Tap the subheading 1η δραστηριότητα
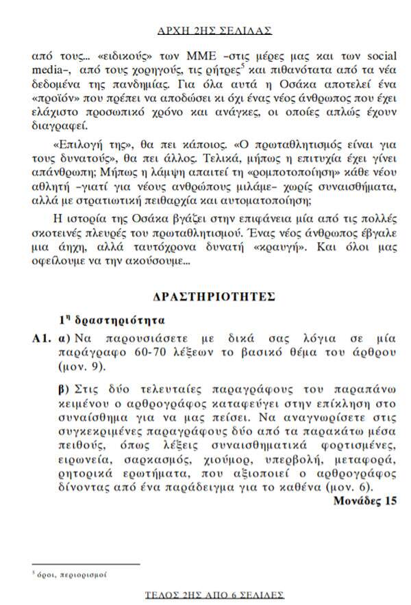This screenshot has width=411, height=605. coord(111,320)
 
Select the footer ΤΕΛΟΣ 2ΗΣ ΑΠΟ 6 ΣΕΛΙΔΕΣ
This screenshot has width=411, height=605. coord(215,595)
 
